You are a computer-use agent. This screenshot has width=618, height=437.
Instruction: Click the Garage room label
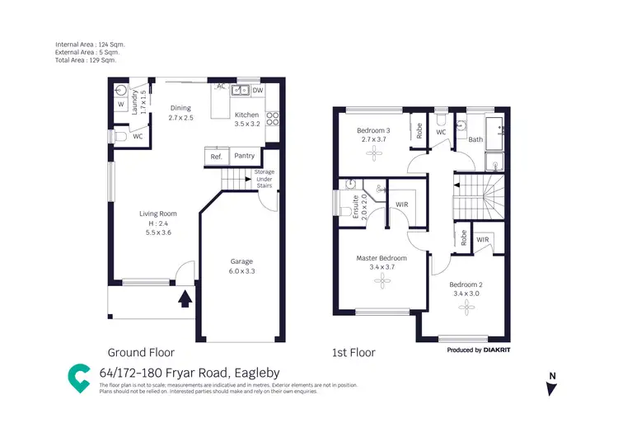pyautogui.click(x=241, y=261)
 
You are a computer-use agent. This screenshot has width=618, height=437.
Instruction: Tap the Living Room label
pyautogui.click(x=157, y=214)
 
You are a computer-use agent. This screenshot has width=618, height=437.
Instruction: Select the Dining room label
pyautogui.click(x=180, y=108)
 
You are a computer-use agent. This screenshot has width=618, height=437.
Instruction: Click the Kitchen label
pyautogui.click(x=246, y=115)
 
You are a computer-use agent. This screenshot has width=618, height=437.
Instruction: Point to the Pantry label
pyautogui.click(x=244, y=156)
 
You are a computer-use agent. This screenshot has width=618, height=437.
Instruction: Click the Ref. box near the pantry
pyautogui.click(x=216, y=156)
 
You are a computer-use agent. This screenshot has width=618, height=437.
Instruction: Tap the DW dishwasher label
pyautogui.click(x=257, y=90)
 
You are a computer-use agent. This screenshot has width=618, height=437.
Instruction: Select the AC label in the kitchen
pyautogui.click(x=220, y=86)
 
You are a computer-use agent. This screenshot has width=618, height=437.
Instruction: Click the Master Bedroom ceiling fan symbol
pyautogui.click(x=382, y=282)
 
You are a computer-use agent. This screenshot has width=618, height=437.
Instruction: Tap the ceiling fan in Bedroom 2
pyautogui.click(x=466, y=307)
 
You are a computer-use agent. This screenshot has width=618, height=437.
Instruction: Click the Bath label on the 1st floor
pyautogui.click(x=475, y=139)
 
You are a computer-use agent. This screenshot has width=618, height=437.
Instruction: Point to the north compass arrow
pyautogui.click(x=551, y=388)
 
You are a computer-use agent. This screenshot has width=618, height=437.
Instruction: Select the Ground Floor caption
pyautogui.click(x=141, y=352)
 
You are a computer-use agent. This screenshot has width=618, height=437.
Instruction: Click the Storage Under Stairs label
pyautogui.click(x=264, y=179)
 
